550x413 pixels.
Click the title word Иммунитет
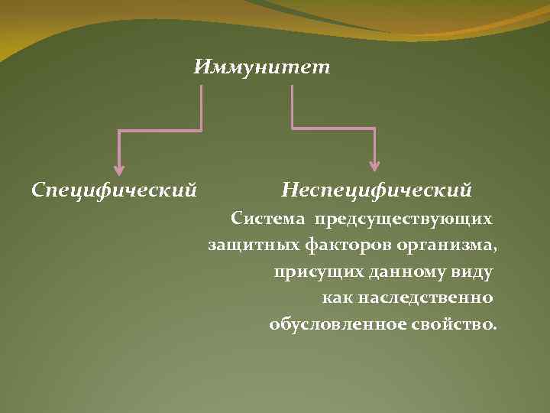coord(262,67)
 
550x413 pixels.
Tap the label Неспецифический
coord(377,187)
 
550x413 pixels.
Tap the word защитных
coord(244,246)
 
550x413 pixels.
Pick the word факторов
coord(334,246)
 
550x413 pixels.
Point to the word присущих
coord(310,272)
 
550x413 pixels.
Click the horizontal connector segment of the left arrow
coord(160,131)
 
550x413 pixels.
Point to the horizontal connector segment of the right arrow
coord(333,128)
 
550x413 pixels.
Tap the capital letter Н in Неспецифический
coord(290,187)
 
